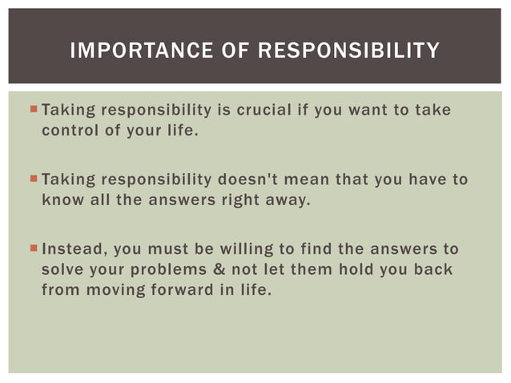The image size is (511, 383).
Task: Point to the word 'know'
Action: click(61, 200)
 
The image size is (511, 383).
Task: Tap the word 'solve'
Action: click(61, 269)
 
